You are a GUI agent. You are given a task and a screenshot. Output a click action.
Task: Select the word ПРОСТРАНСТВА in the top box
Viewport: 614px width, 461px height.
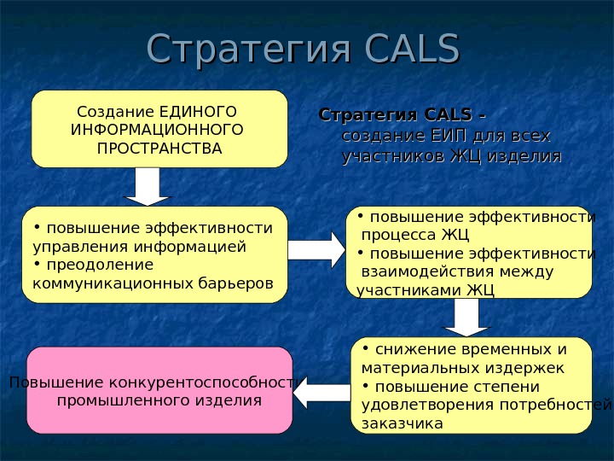coord(159,149)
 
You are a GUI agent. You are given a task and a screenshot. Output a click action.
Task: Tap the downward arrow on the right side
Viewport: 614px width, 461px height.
coord(466,317)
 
